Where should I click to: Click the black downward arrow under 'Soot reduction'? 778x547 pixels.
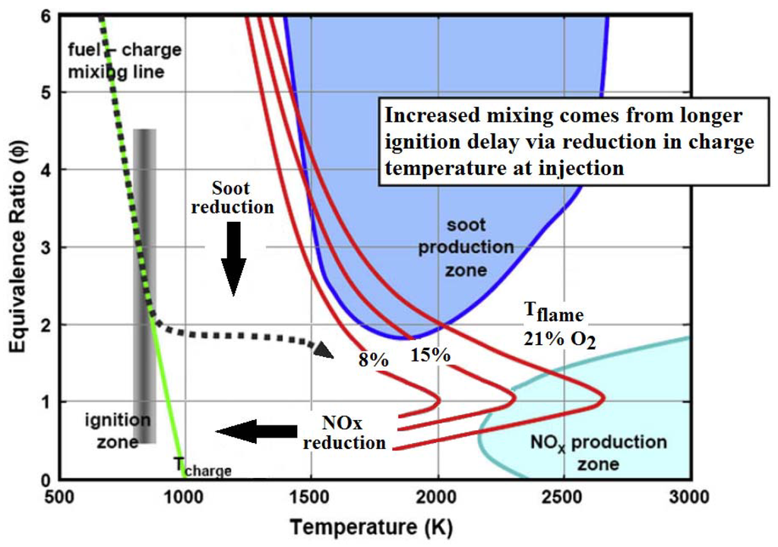coord(233,258)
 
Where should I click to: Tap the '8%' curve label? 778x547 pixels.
coord(373,359)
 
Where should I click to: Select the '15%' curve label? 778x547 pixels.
coord(431,354)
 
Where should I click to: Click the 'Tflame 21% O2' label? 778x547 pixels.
coord(559,326)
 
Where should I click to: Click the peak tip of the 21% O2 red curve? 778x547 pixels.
coord(604,397)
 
